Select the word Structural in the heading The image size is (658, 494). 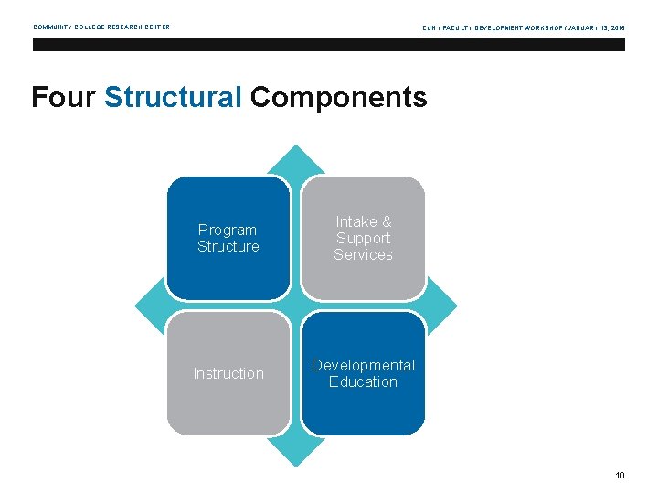click(173, 97)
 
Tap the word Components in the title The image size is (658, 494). click(338, 97)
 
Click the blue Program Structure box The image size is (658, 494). click(228, 239)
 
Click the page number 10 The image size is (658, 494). click(620, 475)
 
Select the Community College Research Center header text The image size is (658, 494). click(101, 27)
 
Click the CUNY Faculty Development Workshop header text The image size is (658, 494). click(524, 28)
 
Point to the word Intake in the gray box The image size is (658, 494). click(355, 221)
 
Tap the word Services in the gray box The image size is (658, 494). click(363, 255)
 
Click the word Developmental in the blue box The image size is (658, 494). click(363, 365)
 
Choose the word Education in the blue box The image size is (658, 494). click(363, 381)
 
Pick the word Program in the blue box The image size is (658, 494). click(228, 230)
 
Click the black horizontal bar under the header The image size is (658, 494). click(329, 44)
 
